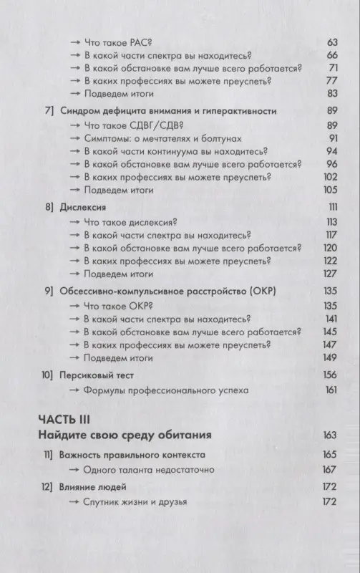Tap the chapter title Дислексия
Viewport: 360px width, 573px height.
pos(81,207)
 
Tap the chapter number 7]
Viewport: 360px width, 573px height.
pos(49,111)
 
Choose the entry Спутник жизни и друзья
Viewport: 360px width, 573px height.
pos(136,502)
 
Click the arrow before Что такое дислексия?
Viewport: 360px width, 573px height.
pos(74,222)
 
